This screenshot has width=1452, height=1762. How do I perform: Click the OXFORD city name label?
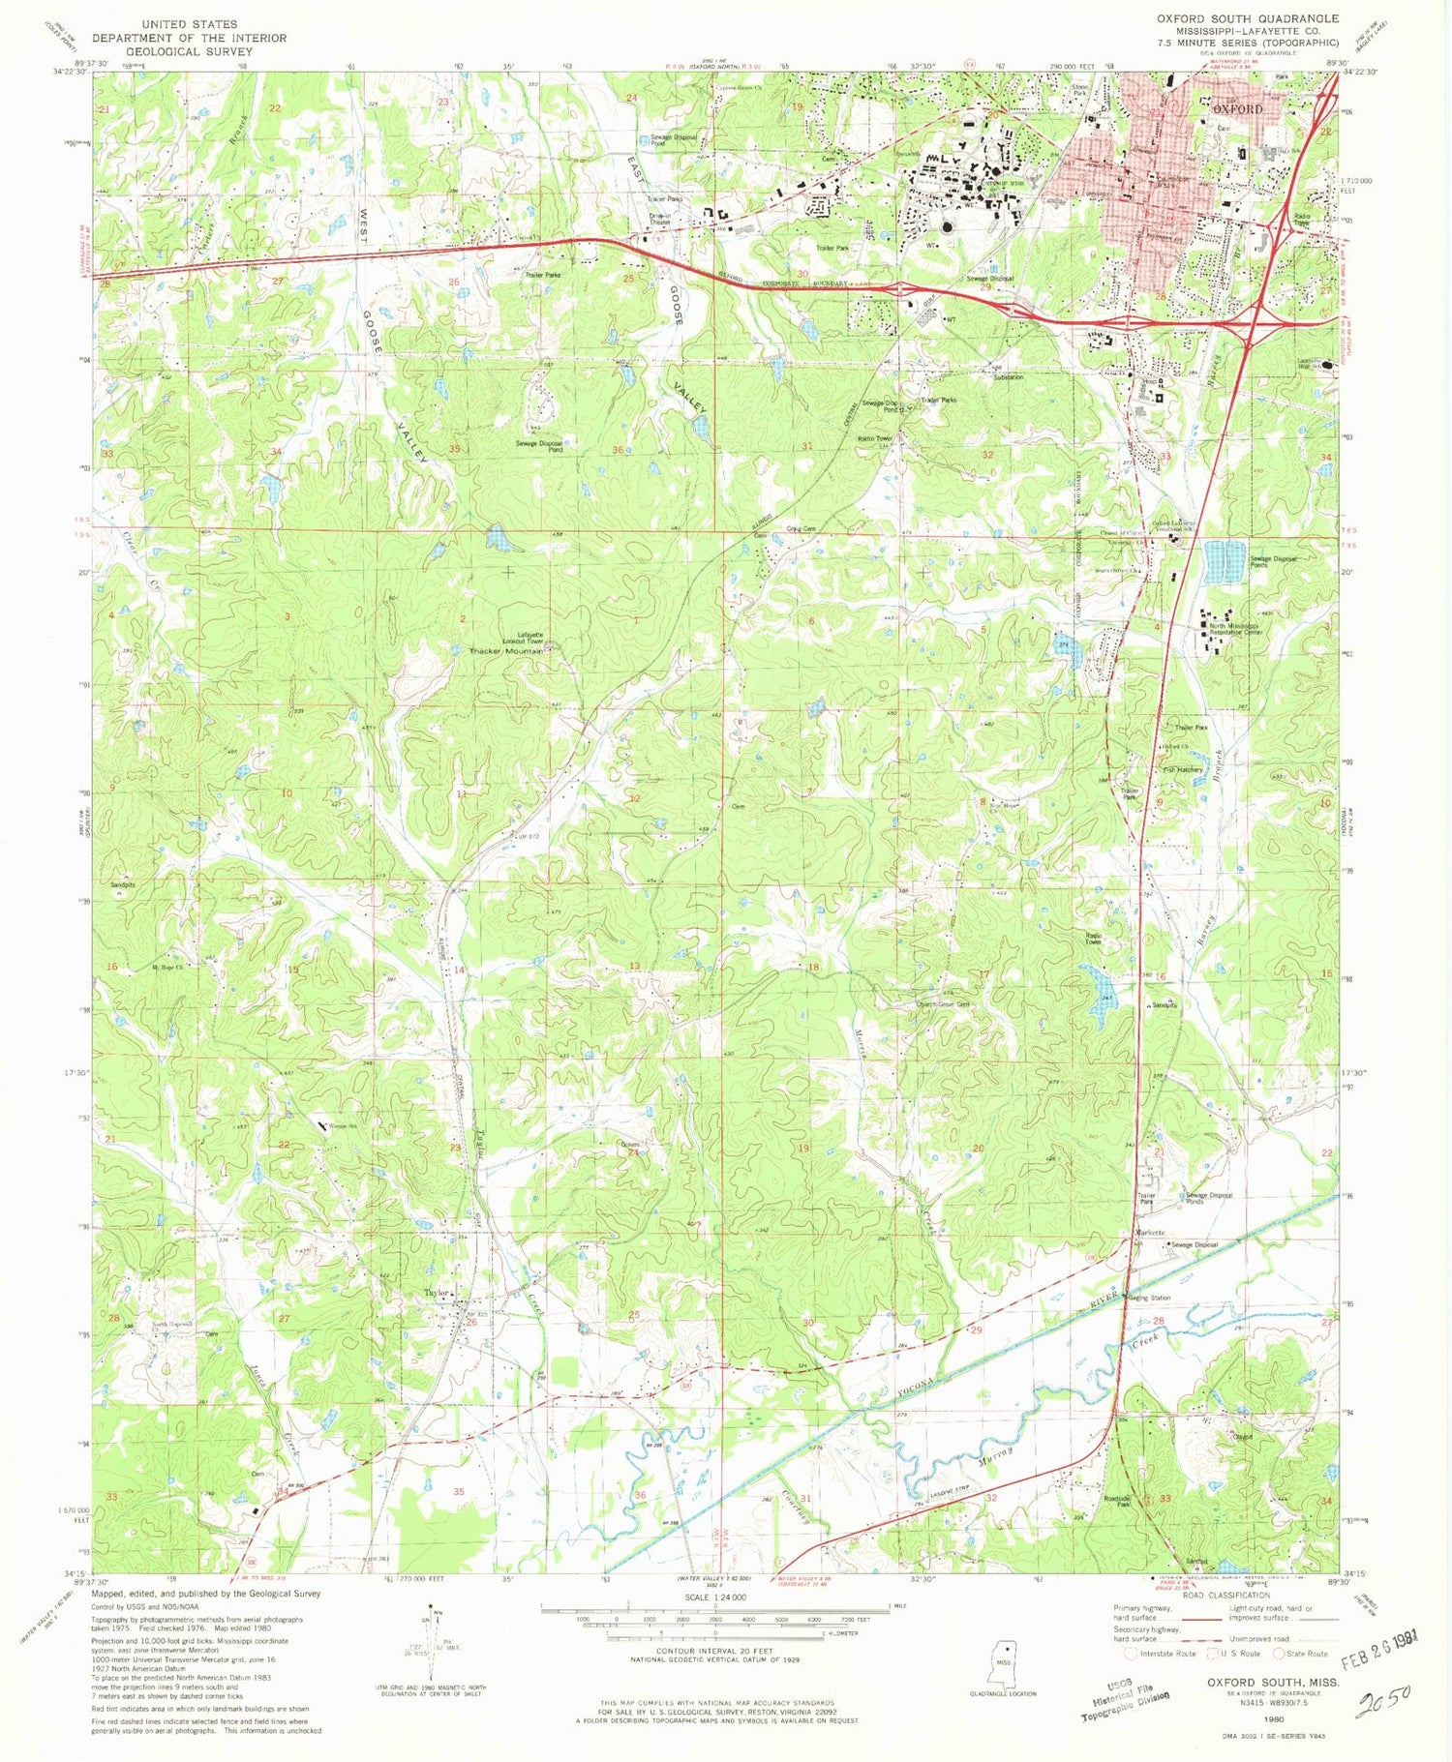(1238, 109)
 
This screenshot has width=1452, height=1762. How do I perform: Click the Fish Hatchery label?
(1182, 769)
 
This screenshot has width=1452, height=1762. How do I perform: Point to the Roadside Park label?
(1119, 1503)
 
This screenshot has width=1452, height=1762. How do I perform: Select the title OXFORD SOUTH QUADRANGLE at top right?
(1248, 18)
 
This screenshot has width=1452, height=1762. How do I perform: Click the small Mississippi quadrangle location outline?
(1005, 1663)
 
